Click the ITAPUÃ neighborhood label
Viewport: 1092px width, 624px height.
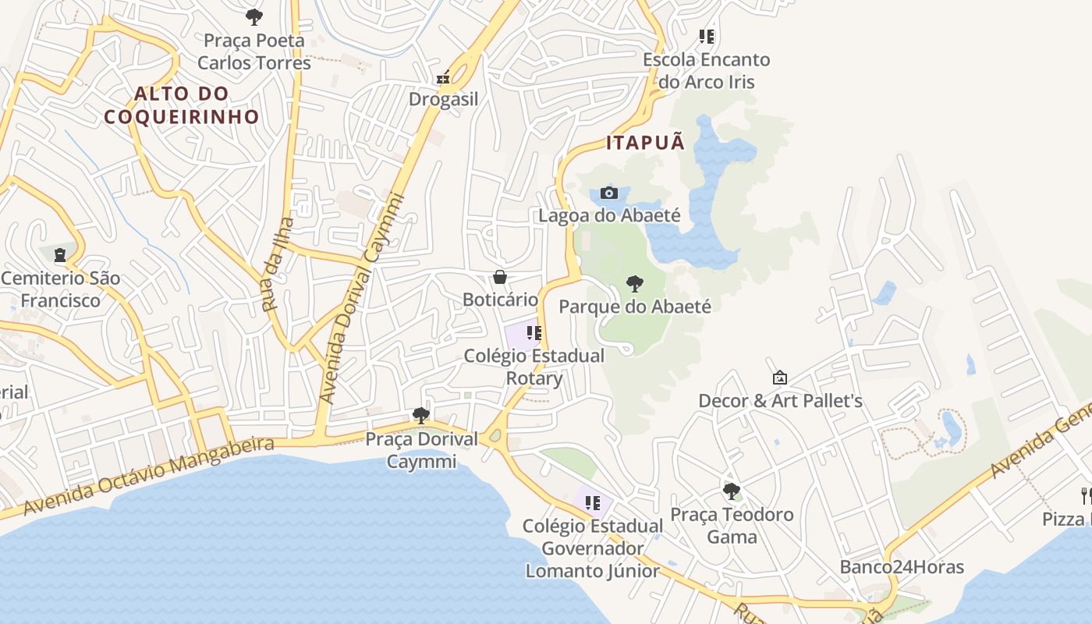(x=646, y=143)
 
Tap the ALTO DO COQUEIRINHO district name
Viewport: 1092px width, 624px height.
(x=182, y=105)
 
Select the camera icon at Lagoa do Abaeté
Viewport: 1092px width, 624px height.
(x=609, y=193)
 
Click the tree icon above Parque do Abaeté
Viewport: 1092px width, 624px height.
(x=635, y=283)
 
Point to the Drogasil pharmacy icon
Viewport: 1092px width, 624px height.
(x=443, y=77)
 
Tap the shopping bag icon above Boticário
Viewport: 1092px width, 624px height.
(x=500, y=277)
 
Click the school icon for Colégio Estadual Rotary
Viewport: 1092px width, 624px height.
(x=534, y=333)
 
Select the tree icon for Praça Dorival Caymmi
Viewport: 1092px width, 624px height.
(x=421, y=415)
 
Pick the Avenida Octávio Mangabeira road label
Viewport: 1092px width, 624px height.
(x=149, y=476)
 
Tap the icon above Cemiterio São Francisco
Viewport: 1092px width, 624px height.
(x=60, y=255)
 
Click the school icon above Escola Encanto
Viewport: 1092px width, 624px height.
(x=707, y=37)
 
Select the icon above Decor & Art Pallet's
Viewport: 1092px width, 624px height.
(x=779, y=378)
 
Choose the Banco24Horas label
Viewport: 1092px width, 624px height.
(x=902, y=567)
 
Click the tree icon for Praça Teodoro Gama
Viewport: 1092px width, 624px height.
(x=731, y=491)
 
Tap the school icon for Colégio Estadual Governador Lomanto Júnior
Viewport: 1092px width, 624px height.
(x=593, y=503)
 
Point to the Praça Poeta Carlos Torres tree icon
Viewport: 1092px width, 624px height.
(x=253, y=16)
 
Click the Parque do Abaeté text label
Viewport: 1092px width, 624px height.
(x=635, y=307)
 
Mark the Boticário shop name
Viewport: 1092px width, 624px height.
(x=500, y=300)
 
